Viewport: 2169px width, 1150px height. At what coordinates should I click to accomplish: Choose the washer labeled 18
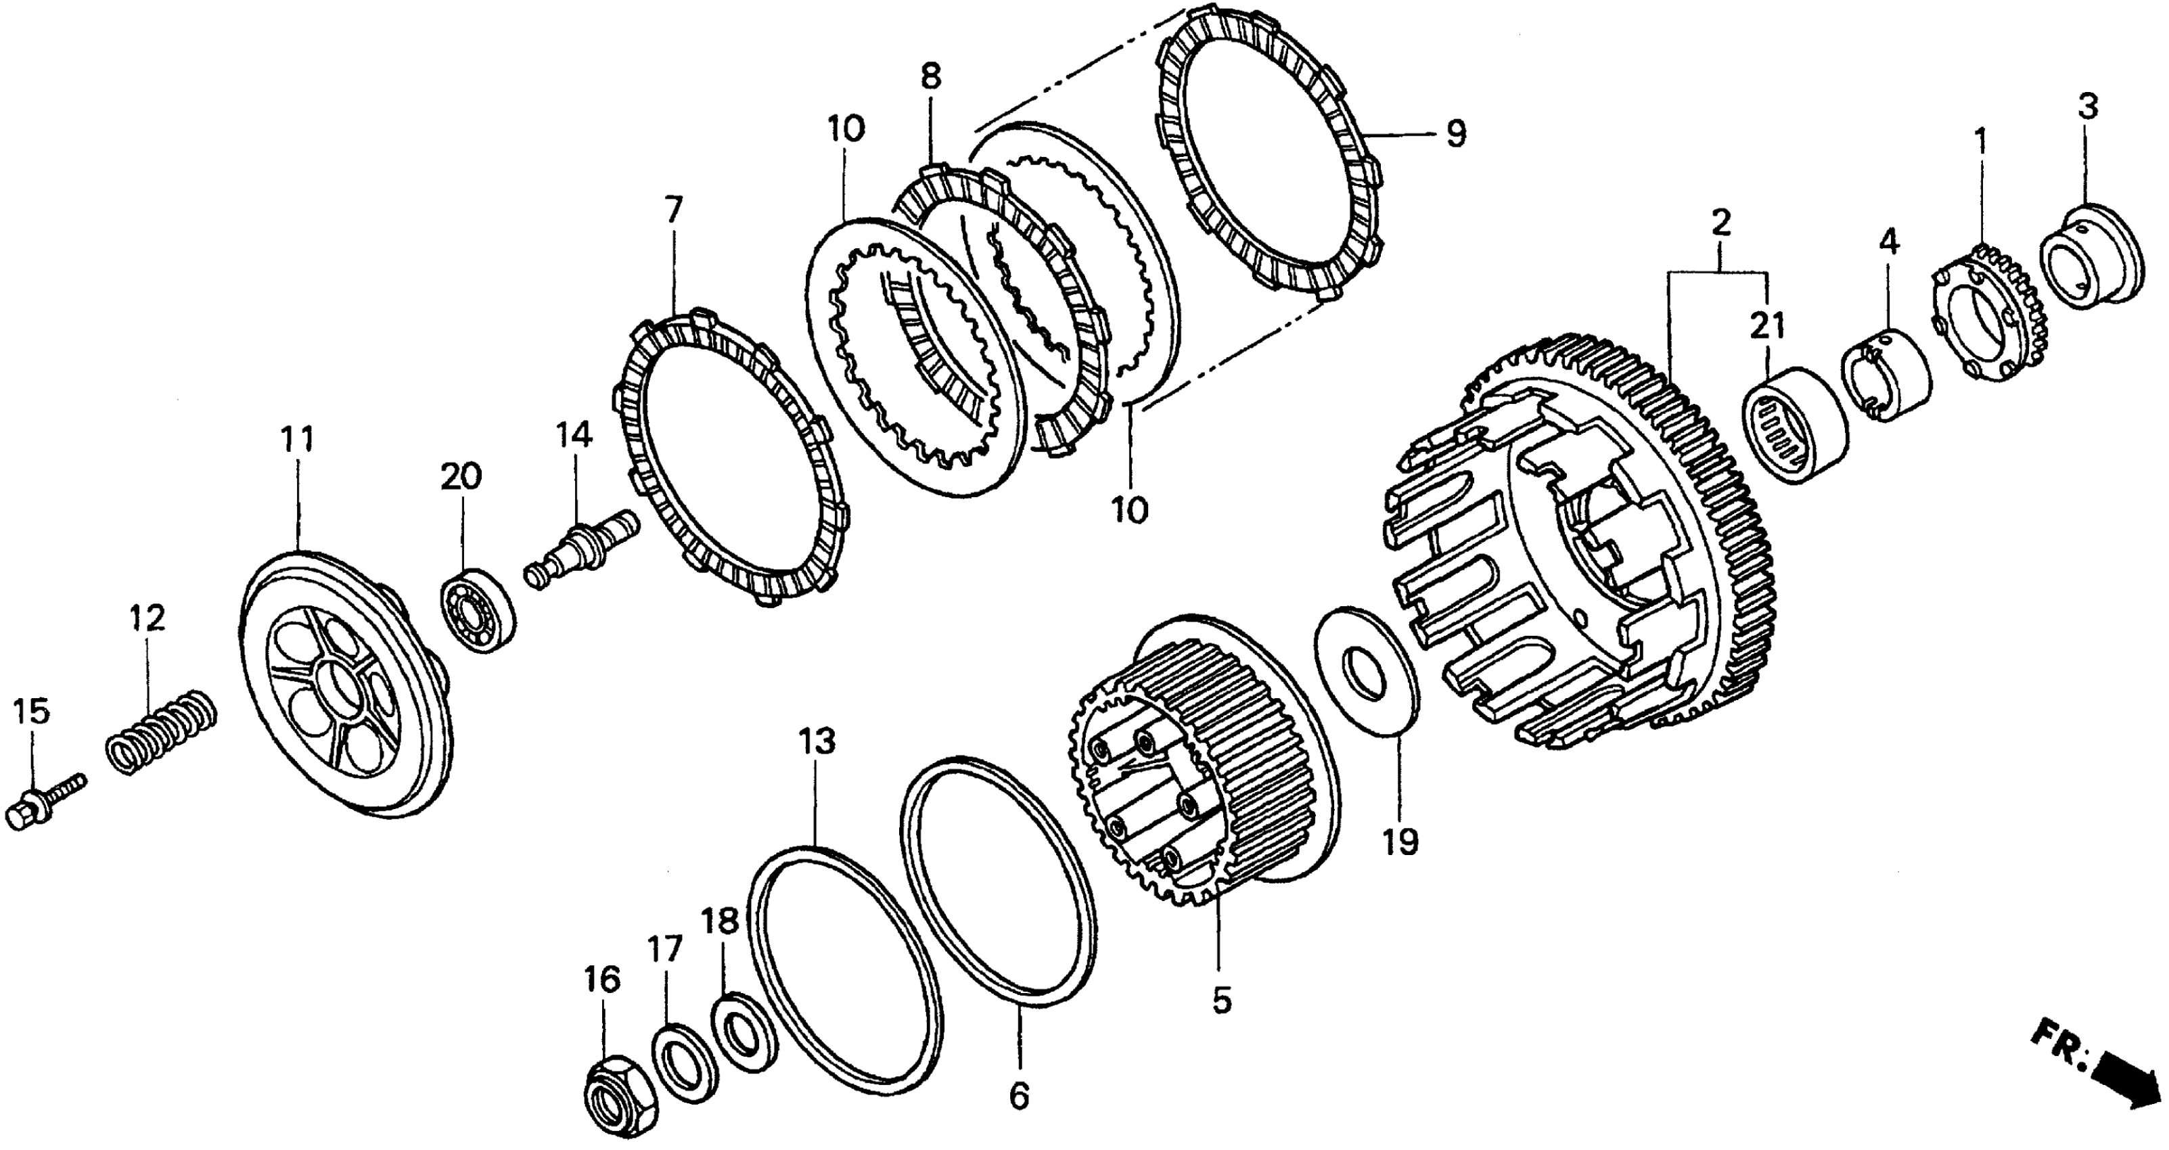(x=744, y=1034)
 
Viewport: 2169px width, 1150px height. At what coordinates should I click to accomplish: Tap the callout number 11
(x=297, y=440)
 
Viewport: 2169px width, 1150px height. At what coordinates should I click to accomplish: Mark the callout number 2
(x=1720, y=223)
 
